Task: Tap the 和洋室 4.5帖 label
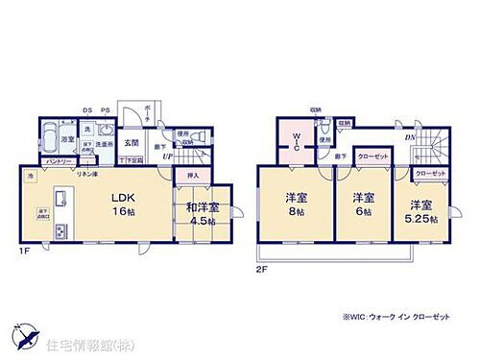click(x=201, y=213)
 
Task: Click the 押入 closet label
click(x=192, y=177)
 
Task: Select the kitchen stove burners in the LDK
click(x=60, y=231)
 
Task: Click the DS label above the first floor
click(x=85, y=109)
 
